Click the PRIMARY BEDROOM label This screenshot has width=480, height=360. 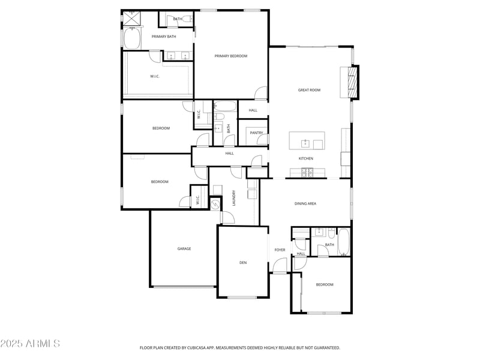point(231,56)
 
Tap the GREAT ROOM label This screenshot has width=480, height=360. point(309,90)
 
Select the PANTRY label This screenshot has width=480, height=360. point(256,133)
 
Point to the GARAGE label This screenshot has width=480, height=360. point(184,248)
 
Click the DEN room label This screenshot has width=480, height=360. point(243,262)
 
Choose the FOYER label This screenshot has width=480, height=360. point(280,250)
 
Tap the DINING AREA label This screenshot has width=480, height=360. point(305,203)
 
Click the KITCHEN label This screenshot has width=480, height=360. point(306,158)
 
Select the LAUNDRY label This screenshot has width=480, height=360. point(234,198)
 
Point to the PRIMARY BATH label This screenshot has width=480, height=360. point(163,37)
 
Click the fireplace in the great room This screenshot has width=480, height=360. point(353,82)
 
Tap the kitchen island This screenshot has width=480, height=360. point(307,141)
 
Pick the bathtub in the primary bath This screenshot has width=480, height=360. point(131,40)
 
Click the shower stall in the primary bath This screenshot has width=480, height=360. point(131,19)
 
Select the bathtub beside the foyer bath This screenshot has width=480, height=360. point(343,242)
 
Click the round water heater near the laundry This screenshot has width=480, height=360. point(215,204)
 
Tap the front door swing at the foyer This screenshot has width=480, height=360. point(280,265)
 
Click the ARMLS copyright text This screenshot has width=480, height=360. point(30,344)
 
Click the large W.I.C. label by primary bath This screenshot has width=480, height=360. point(155,76)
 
